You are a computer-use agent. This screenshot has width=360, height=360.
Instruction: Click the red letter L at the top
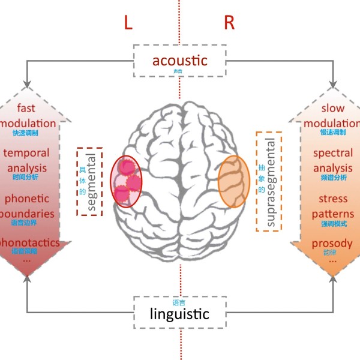pyautogui.click(x=128, y=23)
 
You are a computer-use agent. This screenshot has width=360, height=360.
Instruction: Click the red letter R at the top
pyautogui.click(x=229, y=23)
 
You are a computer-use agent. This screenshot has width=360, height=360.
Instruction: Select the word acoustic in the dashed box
pyautogui.click(x=179, y=60)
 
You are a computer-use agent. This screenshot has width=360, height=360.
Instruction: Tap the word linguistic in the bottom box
pyautogui.click(x=179, y=314)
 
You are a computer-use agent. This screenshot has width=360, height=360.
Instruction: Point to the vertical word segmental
pyautogui.click(x=92, y=181)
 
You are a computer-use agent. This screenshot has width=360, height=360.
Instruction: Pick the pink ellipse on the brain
pyautogui.click(x=127, y=181)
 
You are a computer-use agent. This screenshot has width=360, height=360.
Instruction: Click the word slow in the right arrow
pyautogui.click(x=333, y=109)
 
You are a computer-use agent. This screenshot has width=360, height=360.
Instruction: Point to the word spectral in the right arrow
pyautogui.click(x=333, y=153)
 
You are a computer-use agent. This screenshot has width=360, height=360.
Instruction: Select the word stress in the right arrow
pyautogui.click(x=333, y=198)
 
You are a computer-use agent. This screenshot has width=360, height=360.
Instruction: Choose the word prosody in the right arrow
pyautogui.click(x=332, y=244)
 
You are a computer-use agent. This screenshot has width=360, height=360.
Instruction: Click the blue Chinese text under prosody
pyautogui.click(x=329, y=253)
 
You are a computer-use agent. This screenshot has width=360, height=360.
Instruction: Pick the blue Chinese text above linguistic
pyautogui.click(x=179, y=302)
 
